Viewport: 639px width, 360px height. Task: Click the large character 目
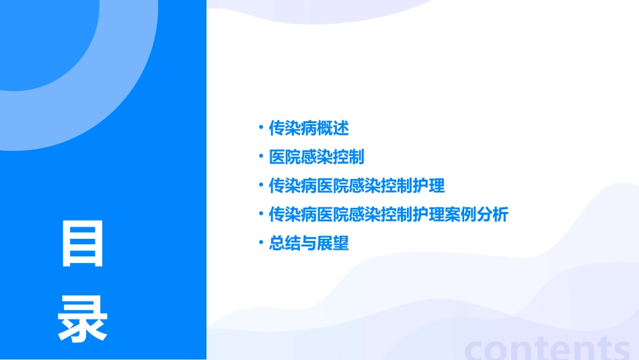point(83,244)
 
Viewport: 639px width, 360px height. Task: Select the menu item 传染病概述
point(309,127)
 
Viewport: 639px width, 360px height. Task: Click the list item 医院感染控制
point(316,157)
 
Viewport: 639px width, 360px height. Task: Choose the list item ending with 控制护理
point(356,186)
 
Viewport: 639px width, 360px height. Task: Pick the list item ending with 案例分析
point(388,215)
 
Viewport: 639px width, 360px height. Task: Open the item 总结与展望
point(309,244)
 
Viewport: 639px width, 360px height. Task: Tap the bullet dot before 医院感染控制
point(261,156)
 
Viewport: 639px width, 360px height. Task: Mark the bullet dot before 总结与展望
point(261,243)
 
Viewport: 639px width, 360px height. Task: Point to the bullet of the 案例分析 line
point(261,214)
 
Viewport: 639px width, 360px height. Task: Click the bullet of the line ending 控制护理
point(261,185)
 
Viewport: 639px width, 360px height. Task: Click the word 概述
point(336,127)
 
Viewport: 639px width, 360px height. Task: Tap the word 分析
point(495,215)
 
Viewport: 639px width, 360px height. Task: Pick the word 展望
point(336,244)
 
